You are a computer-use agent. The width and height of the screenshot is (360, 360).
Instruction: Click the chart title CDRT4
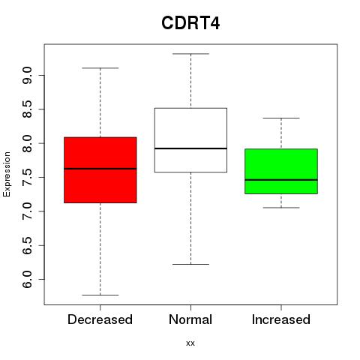[x=190, y=23]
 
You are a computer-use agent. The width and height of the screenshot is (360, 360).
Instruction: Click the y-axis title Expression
[x=7, y=174]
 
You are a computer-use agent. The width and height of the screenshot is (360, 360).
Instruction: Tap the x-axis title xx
[x=190, y=343]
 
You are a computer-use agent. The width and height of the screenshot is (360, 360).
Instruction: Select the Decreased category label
[x=100, y=319]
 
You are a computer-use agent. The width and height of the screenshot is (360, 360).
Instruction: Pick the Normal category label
[x=190, y=319]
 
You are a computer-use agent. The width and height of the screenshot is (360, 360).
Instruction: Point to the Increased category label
[x=281, y=319]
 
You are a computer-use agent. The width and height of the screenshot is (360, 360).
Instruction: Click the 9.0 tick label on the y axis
[x=27, y=75]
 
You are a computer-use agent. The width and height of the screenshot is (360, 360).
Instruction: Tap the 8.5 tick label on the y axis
[x=27, y=109]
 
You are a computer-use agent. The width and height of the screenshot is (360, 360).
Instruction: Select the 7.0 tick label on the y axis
[x=27, y=211]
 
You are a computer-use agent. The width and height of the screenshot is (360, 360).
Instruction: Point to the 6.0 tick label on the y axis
[x=27, y=279]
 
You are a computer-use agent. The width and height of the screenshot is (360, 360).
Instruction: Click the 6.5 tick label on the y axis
[x=27, y=245]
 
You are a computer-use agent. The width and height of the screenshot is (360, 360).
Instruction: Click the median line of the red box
[x=100, y=169]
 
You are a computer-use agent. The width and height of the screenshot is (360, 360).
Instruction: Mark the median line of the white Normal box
[x=190, y=148]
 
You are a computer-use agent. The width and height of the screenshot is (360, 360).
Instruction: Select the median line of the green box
[x=281, y=180]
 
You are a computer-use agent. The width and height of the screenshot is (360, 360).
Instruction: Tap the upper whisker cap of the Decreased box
[x=100, y=68]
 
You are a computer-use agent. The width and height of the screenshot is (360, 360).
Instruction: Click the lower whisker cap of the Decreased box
[x=100, y=295]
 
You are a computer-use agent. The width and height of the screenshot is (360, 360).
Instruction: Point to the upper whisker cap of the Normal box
[x=190, y=54]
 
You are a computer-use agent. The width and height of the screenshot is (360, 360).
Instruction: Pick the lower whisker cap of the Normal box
[x=190, y=264]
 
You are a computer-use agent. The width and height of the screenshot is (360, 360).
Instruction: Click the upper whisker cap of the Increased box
[x=281, y=118]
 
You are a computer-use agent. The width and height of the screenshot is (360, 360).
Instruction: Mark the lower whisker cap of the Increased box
[x=281, y=208]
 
